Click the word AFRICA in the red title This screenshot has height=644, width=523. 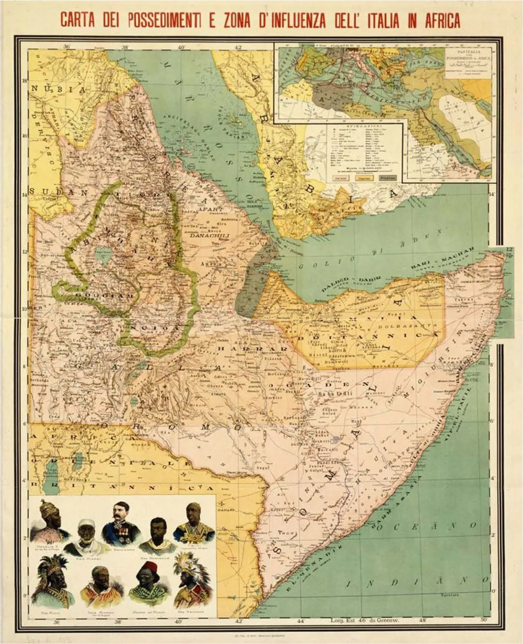tap(434, 20)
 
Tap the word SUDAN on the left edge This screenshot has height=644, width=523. tap(45, 192)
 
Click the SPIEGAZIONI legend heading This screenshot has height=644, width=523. tap(365, 127)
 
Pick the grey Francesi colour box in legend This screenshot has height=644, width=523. tap(387, 178)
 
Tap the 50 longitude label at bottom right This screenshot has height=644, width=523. tap(483, 621)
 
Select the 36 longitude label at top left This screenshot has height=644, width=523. tap(67, 47)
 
